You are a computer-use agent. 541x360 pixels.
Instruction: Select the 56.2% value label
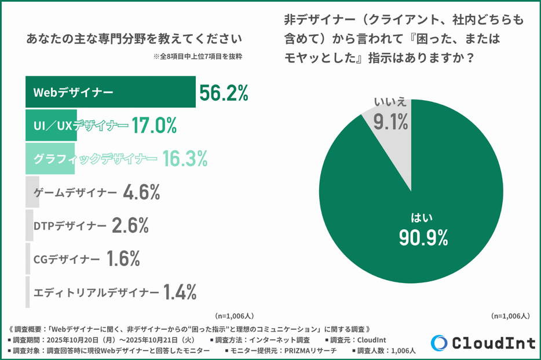224,93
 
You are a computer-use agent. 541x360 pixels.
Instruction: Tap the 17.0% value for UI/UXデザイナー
153,125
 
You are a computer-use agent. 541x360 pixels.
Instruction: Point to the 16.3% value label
184,159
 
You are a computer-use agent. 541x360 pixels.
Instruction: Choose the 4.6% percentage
141,192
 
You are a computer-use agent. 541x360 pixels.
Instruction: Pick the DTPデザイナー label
70,226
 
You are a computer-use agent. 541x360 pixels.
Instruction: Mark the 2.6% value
131,226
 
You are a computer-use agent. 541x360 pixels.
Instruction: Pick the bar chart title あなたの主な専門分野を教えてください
134,39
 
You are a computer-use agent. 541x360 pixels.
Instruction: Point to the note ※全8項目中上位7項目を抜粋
198,57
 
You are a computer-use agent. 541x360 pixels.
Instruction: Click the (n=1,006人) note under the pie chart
510,316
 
